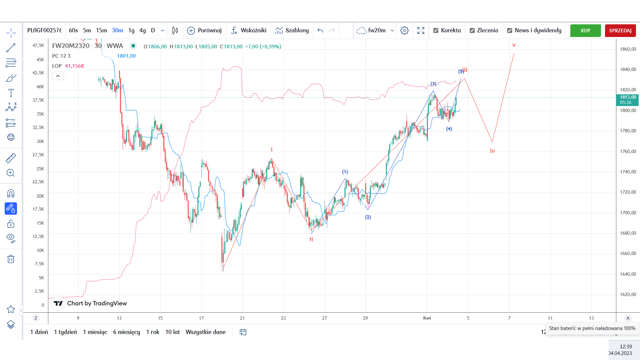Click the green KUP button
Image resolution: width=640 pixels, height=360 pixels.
click(x=585, y=31)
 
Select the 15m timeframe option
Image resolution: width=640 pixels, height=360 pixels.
click(x=101, y=30)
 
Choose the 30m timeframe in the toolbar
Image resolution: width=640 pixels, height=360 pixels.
click(x=117, y=30)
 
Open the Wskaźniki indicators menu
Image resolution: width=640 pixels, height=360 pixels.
click(x=249, y=30)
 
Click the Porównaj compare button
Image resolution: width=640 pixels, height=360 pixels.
click(x=204, y=30)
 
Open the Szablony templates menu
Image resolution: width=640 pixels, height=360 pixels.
click(x=292, y=30)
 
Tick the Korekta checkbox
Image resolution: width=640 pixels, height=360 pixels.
click(x=436, y=31)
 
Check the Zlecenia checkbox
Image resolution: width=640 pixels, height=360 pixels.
click(x=472, y=31)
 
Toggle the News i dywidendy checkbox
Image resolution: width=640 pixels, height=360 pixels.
click(x=510, y=31)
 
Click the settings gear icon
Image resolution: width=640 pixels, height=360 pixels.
click(x=404, y=31)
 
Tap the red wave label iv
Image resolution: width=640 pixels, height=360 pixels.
click(x=492, y=151)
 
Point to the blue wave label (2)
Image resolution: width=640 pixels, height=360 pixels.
click(x=368, y=217)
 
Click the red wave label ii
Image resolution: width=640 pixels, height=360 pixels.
click(x=311, y=239)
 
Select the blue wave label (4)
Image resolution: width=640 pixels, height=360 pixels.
click(x=449, y=129)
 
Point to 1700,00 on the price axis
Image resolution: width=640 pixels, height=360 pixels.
click(x=628, y=213)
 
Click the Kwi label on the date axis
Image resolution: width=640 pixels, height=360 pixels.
click(x=427, y=318)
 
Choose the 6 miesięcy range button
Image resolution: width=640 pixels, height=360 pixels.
click(x=126, y=332)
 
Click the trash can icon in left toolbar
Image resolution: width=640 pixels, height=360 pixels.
click(x=11, y=259)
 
